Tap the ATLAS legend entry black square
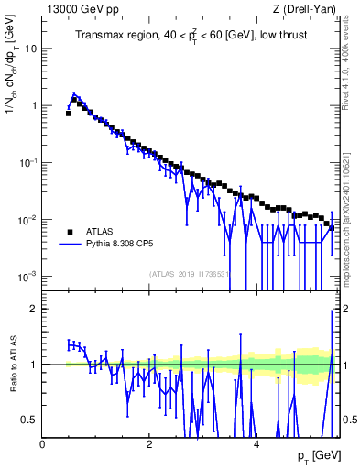point(69,232)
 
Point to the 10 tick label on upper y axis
point(31,49)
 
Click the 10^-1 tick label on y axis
point(27,162)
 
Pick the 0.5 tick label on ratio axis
point(30,420)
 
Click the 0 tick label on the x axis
point(43,443)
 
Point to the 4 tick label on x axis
point(256,443)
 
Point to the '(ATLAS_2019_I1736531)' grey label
point(191,274)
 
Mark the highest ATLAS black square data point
point(74,99)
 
